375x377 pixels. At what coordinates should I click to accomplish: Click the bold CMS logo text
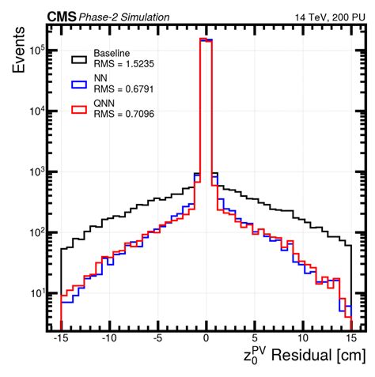62,17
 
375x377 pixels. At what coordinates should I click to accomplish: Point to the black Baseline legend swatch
78,58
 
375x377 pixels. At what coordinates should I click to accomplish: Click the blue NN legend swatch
78,84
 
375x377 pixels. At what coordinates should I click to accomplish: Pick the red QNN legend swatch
78,109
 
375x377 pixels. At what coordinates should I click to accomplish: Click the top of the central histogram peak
206,39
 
